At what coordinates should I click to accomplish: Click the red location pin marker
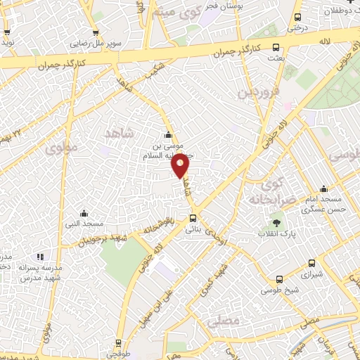(181, 166)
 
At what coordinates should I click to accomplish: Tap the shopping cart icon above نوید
(7, 32)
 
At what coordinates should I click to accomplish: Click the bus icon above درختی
(298, 18)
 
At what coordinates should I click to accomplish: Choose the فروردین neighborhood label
(258, 92)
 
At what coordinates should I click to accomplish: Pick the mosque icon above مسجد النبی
(84, 213)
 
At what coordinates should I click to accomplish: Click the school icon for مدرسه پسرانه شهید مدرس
(40, 257)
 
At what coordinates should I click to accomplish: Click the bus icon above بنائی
(192, 217)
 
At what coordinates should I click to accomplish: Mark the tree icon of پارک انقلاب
(276, 223)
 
